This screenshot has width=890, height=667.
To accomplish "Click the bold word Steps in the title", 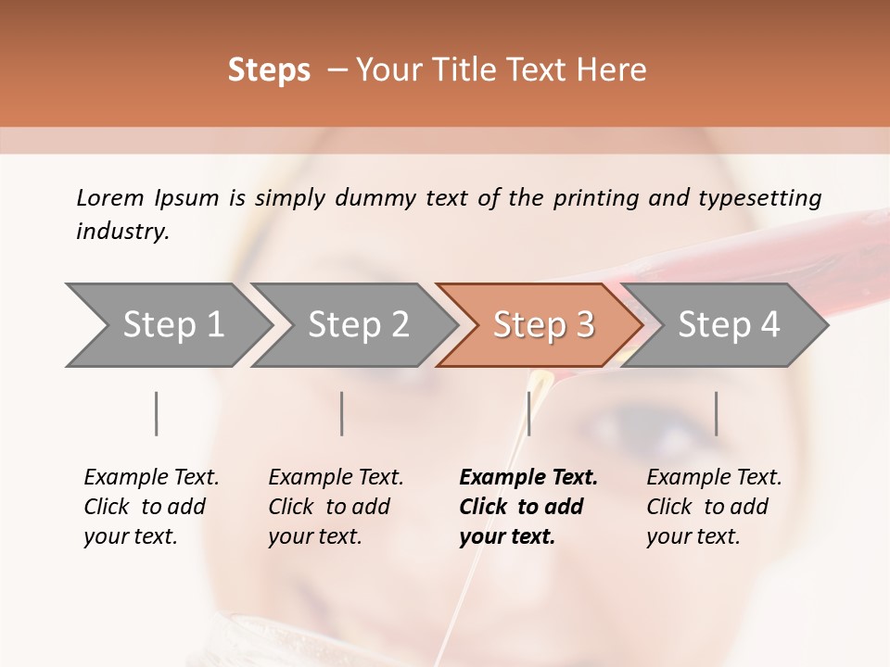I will tap(269, 70).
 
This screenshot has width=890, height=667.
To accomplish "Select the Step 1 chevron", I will tap(172, 324).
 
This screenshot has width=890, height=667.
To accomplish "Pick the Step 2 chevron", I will tap(358, 324).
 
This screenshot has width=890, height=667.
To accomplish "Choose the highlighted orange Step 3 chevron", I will tap(543, 324).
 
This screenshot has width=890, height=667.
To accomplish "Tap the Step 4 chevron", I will tap(729, 324).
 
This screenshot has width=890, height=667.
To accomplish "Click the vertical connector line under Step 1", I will tap(157, 413).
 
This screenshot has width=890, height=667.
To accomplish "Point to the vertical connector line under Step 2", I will tap(342, 413).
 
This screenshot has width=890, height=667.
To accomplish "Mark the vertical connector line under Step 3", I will tap(528, 413).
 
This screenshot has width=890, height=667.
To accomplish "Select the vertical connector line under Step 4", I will tap(716, 413).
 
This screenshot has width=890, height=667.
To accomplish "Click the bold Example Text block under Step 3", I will tap(528, 507).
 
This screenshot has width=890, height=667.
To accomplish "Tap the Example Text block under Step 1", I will tap(151, 507).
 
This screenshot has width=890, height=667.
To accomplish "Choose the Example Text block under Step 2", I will tap(336, 507).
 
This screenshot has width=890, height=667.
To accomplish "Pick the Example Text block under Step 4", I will tap(714, 507).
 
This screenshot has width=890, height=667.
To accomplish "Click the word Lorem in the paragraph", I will tap(109, 198).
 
